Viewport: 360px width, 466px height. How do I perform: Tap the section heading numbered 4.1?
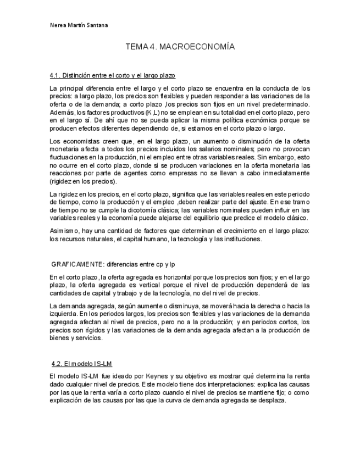(112, 75)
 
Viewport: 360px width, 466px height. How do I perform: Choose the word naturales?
(102, 240)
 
